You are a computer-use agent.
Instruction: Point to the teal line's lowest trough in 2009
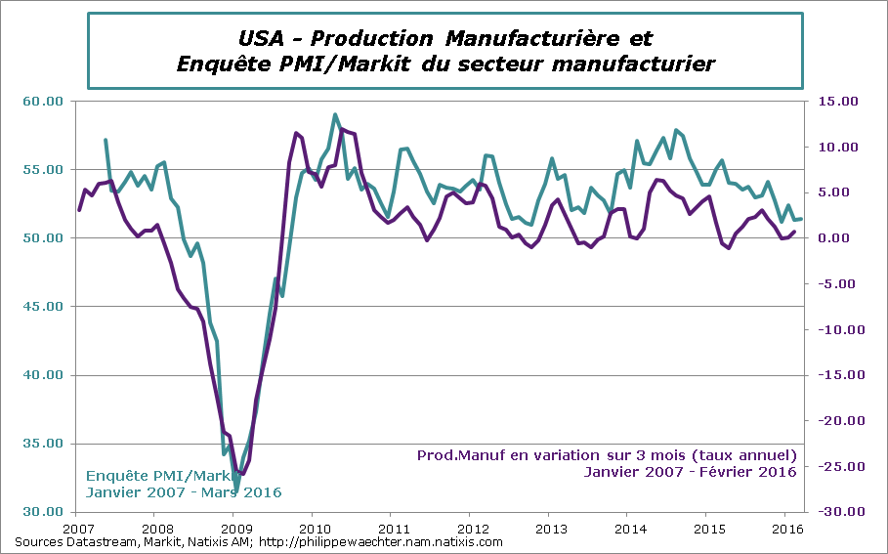[x=236, y=490]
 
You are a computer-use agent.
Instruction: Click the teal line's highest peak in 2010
[x=335, y=114]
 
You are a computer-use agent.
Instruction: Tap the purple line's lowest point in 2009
[x=242, y=474]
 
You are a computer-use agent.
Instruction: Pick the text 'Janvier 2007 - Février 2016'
[x=690, y=472]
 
